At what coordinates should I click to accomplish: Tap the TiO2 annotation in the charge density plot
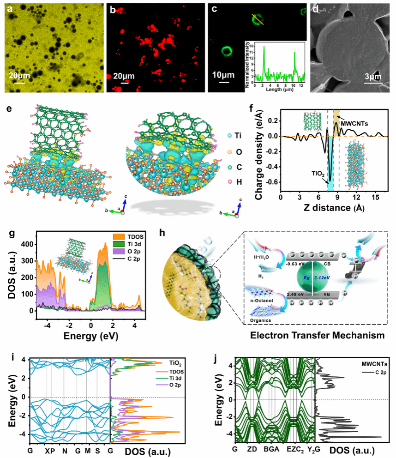coord(314,175)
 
